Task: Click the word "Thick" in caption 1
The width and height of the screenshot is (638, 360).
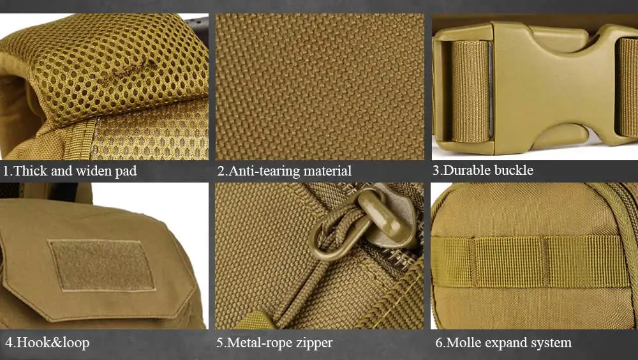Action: point(31,170)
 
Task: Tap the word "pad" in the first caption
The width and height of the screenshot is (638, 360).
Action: point(126,172)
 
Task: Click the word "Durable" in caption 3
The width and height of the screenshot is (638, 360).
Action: point(466,170)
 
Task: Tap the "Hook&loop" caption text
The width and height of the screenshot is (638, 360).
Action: point(47,343)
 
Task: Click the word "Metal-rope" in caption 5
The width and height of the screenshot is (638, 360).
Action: point(260,343)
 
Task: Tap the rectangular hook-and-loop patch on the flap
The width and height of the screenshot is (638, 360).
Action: point(101,266)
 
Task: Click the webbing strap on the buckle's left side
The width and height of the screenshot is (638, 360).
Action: point(470,91)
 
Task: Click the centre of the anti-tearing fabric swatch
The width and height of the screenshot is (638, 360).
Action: point(320,87)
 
